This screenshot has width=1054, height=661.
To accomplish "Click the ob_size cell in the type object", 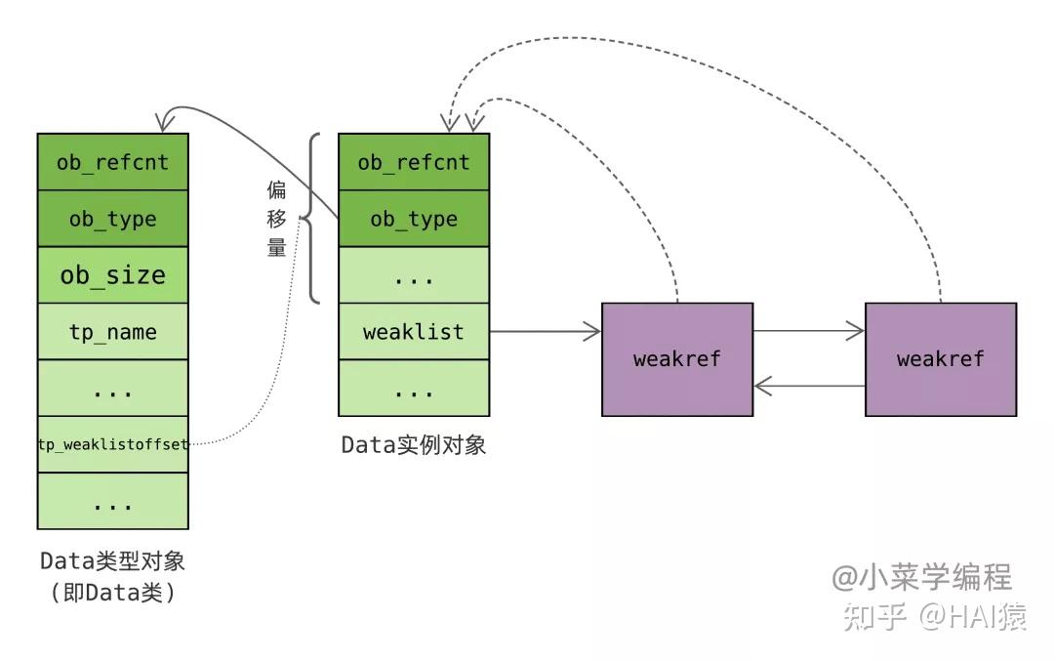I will (112, 275).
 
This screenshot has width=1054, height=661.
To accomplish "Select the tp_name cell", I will (112, 332).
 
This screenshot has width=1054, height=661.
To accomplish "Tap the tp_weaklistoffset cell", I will (112, 444).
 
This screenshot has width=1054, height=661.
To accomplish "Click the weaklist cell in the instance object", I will (413, 332).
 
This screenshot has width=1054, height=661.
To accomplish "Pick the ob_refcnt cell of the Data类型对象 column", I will (112, 162).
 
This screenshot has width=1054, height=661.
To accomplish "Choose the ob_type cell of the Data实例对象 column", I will (413, 219).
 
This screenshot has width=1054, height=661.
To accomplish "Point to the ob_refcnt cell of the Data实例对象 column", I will (413, 162).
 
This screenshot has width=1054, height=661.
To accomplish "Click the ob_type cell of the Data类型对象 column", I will (112, 219).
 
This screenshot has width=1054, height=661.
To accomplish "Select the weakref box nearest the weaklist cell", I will (676, 358).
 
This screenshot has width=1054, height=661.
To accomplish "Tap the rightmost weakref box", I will (940, 358).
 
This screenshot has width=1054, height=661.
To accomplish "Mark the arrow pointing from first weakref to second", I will (808, 332).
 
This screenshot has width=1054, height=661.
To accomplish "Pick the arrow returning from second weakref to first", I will (808, 387).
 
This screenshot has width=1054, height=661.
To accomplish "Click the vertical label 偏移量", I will (277, 219).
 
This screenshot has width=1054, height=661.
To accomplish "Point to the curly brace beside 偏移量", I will (311, 219).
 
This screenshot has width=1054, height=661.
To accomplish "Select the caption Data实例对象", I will (413, 445).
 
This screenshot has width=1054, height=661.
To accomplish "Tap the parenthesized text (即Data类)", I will (112, 593).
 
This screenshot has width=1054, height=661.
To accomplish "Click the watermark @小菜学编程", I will (921, 577).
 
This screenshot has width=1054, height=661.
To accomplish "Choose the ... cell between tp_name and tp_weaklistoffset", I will (112, 390).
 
